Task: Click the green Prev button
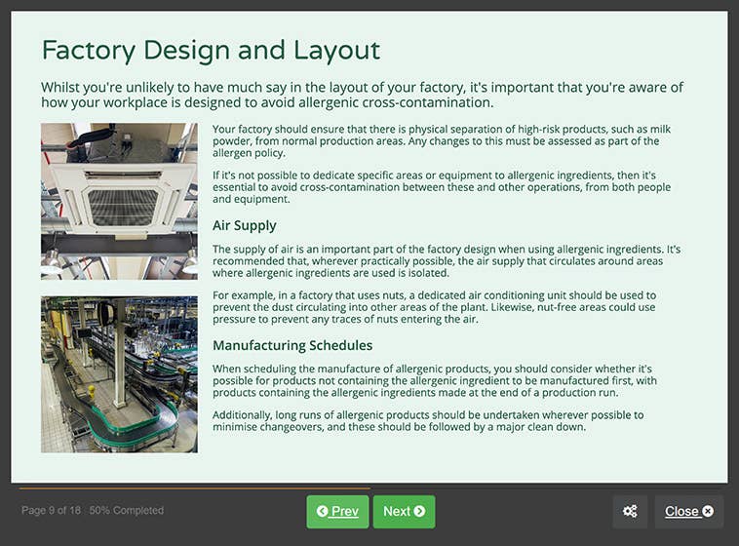click(x=337, y=511)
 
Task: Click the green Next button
click(x=404, y=511)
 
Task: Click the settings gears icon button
click(x=630, y=511)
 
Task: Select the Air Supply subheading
click(x=244, y=225)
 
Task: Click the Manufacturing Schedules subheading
click(x=292, y=345)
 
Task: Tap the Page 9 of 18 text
click(x=51, y=510)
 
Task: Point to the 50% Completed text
click(x=126, y=510)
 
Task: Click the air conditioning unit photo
click(x=119, y=201)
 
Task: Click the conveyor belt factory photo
click(x=119, y=374)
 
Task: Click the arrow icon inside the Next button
click(x=419, y=511)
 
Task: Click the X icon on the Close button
click(x=708, y=511)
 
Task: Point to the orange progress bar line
click(x=195, y=487)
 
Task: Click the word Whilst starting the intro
click(x=63, y=87)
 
